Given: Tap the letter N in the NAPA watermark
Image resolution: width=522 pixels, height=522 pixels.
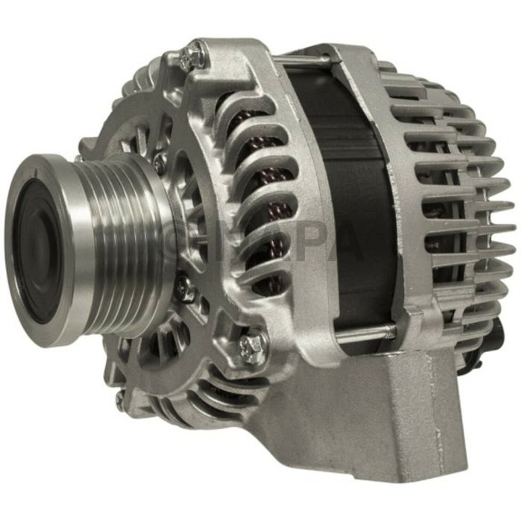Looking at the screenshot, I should click(220, 242).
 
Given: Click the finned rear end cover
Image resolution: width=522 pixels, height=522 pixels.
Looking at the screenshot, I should click(455, 201).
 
